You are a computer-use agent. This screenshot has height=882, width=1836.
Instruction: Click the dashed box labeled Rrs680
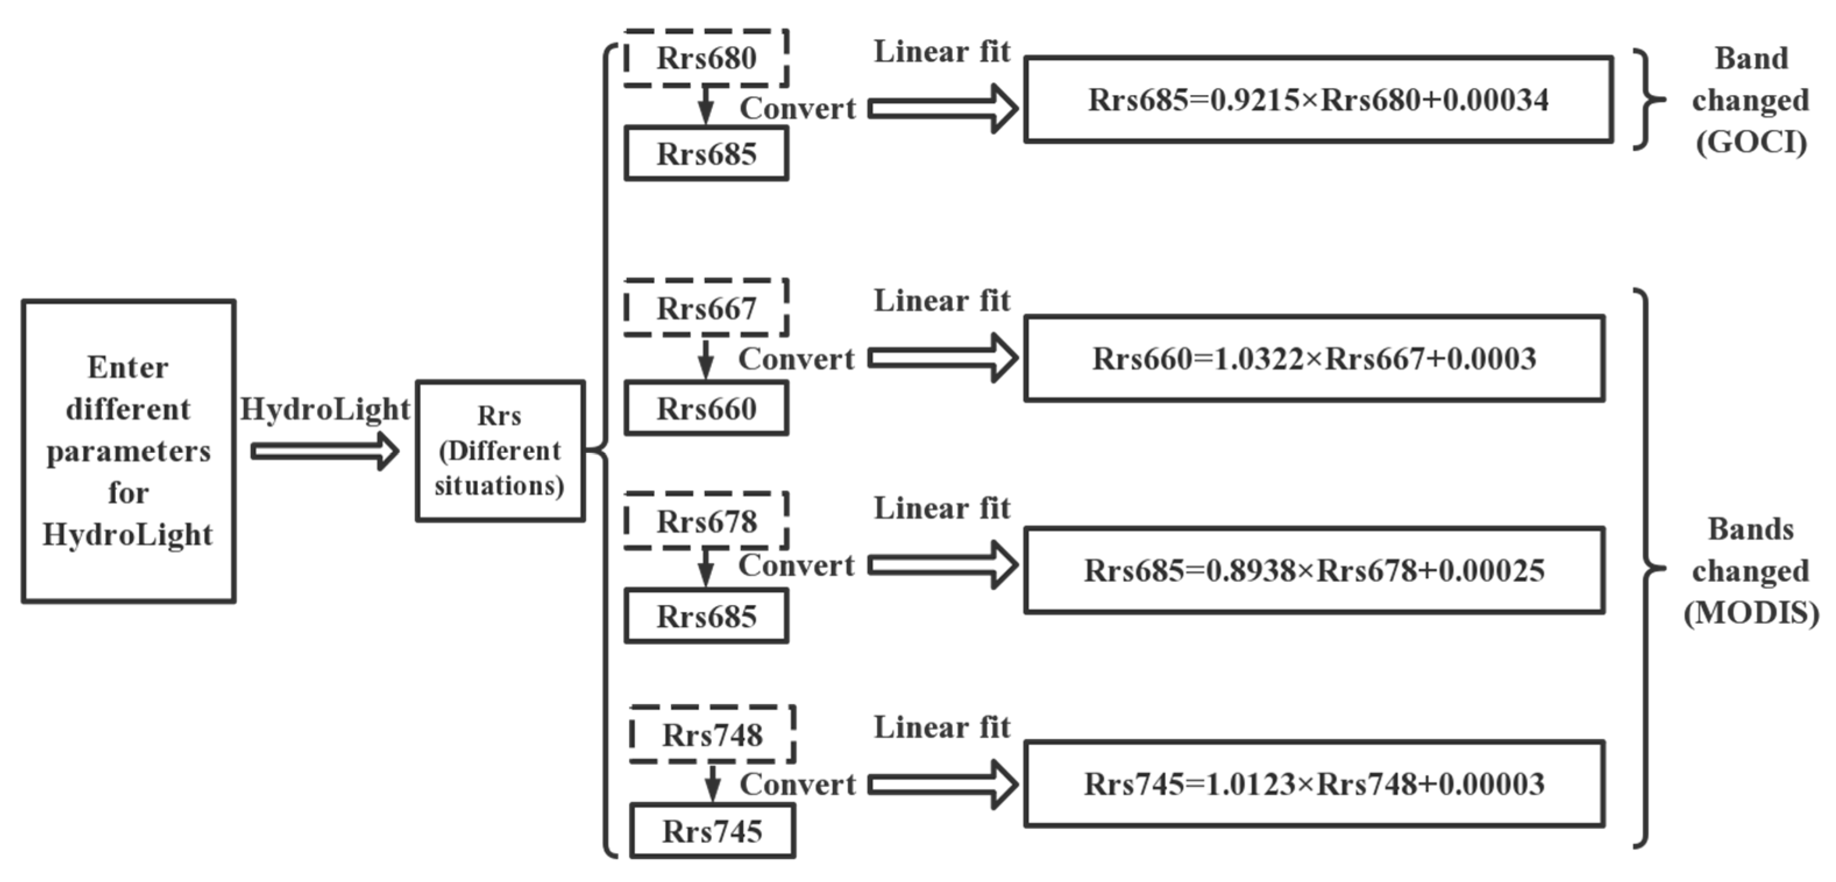[x=706, y=58]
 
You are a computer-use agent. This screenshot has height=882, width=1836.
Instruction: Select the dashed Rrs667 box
[x=706, y=308]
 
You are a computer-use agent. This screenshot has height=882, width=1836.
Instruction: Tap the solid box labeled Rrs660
[x=706, y=409]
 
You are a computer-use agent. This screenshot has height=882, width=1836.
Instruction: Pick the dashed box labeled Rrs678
[x=706, y=521]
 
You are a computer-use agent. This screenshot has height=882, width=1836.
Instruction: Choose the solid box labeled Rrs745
[x=712, y=831]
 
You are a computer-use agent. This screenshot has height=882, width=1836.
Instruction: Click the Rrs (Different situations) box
[x=500, y=451]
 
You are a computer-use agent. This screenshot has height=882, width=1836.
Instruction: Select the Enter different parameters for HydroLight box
[x=128, y=451]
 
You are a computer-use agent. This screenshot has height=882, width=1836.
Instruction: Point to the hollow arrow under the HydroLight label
[x=325, y=451]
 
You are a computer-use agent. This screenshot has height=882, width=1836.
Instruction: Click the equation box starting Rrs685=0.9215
[x=1318, y=100]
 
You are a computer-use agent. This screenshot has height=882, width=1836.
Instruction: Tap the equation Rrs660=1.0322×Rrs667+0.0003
[x=1313, y=359]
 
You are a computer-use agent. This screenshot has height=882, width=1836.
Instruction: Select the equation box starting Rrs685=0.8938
[x=1313, y=571]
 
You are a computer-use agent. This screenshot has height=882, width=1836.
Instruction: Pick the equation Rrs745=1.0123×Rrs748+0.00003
[x=1313, y=784]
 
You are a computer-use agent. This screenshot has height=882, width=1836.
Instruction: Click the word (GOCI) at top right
[x=1750, y=143]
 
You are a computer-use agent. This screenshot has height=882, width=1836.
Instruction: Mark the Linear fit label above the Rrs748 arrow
[x=942, y=728]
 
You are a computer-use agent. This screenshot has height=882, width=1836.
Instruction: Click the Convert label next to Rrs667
[x=796, y=359]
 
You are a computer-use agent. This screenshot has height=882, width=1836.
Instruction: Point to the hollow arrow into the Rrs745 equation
[x=942, y=784]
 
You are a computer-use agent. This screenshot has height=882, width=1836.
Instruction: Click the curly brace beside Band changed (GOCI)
[x=1646, y=100]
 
